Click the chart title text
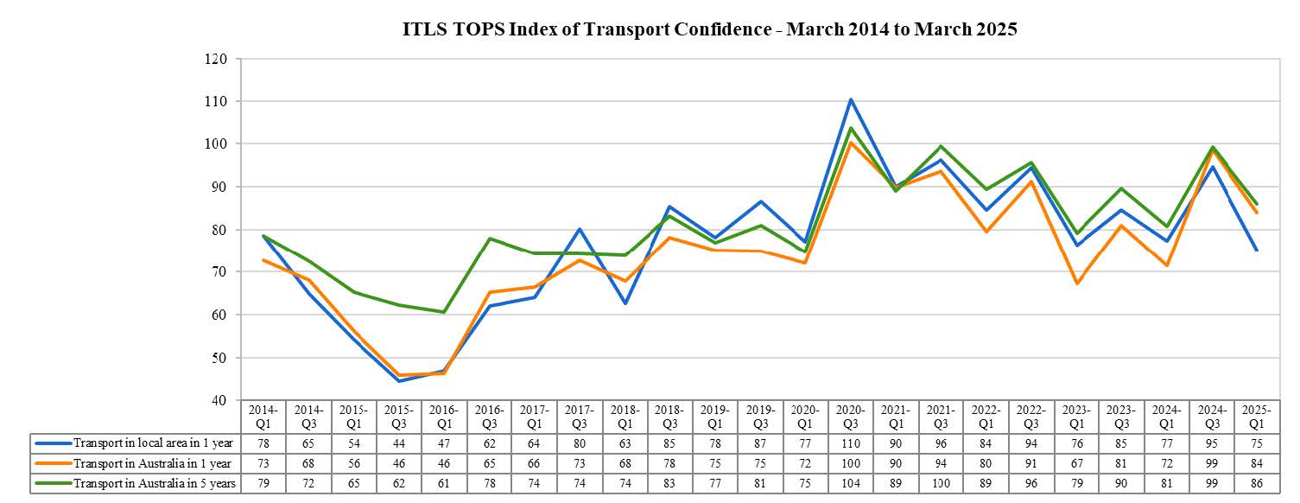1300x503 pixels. tap(710, 29)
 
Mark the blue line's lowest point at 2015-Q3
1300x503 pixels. tap(398, 381)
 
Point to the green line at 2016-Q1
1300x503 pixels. tap(443, 312)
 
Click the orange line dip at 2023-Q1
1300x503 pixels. tap(1076, 283)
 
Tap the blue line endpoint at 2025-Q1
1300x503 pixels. tap(1257, 251)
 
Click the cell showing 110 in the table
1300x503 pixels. tap(851, 443)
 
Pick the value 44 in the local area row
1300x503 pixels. tap(398, 443)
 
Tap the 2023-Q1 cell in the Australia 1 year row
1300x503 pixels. tap(1076, 463)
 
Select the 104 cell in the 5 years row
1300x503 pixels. tap(851, 483)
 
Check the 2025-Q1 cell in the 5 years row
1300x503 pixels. tap(1257, 483)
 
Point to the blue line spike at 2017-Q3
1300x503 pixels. tap(579, 229)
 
